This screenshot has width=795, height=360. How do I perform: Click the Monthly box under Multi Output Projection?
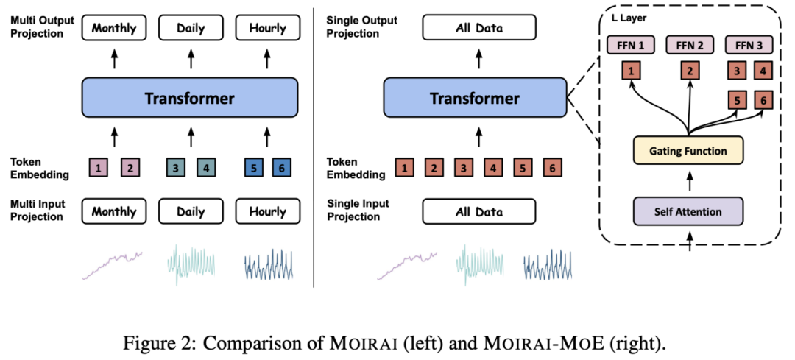point(114,29)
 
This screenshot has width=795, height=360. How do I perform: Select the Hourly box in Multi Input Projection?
point(267,211)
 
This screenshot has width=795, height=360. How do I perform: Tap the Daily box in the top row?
point(191,29)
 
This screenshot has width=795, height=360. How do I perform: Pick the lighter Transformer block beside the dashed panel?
point(475,98)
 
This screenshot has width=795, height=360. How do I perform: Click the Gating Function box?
point(688,151)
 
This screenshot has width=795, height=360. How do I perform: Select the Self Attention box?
point(688,212)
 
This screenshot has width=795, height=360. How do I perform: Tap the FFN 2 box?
point(690,46)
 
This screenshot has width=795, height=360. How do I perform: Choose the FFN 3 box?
point(749,46)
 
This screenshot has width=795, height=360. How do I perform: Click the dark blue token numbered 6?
point(281,168)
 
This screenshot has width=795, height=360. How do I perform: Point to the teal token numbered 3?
point(175,168)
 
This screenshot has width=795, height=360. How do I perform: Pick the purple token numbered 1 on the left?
point(99,168)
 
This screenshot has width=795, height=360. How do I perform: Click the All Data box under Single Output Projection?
point(479,29)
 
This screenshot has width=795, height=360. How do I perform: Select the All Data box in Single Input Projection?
point(479,212)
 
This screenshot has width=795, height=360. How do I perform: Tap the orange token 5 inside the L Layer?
point(737,100)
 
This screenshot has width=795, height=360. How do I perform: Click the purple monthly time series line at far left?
point(111,264)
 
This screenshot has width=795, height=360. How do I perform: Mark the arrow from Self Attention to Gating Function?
point(689,181)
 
